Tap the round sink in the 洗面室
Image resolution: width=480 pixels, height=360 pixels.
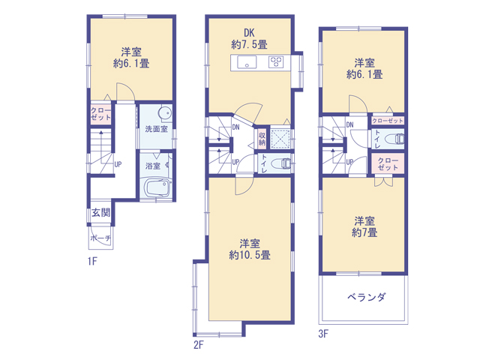point(165,113)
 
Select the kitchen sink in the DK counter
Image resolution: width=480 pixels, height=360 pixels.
point(247,62)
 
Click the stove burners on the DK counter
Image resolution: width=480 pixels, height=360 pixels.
point(276,62)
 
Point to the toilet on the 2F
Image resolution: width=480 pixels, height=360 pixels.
point(282,163)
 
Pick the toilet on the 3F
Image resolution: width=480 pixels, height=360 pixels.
point(394,139)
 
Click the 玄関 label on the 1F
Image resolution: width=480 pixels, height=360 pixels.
point(101,212)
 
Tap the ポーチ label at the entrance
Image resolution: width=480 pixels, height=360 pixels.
point(100,238)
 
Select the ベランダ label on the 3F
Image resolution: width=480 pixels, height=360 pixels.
point(367,297)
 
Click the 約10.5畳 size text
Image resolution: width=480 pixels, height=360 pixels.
point(250,255)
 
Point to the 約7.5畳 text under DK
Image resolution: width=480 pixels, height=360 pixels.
point(250,45)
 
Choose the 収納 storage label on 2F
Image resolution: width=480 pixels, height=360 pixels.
point(262,139)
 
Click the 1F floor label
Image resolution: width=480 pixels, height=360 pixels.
point(92,261)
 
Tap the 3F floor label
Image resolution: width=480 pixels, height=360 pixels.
point(323,333)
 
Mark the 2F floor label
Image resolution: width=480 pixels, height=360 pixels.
point(198,345)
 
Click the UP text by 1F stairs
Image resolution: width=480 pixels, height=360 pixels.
point(118,164)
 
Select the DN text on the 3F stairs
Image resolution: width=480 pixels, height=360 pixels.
point(350,124)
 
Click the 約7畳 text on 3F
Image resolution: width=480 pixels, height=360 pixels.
point(364,232)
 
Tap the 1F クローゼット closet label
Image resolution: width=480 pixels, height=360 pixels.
point(100,114)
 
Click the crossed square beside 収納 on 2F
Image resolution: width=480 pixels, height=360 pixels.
point(280,139)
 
